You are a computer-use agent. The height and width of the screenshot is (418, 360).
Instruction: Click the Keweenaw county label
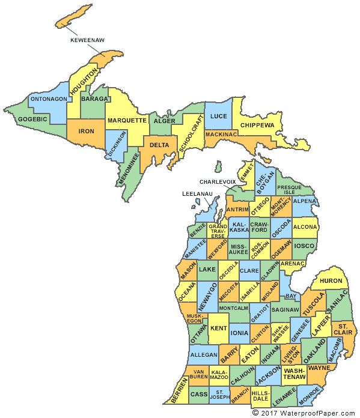88,41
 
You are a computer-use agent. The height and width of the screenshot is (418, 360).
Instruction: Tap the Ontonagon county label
49,98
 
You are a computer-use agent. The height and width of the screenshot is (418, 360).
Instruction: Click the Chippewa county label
257,125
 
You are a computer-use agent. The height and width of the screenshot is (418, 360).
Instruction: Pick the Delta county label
159,145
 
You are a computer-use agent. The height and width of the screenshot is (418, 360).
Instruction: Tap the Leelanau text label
198,193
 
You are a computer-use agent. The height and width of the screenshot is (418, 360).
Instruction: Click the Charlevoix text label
219,181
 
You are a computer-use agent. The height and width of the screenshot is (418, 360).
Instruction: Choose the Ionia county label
239,333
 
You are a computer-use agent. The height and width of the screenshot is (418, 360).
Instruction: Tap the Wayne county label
319,367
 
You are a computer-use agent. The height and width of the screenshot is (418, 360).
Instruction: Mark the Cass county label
199,395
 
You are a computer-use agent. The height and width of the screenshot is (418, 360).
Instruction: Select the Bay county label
291,297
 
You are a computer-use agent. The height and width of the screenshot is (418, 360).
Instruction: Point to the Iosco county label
305,246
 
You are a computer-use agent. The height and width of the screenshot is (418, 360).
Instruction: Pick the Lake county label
207,270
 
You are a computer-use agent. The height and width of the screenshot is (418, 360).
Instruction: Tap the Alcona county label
306,228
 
